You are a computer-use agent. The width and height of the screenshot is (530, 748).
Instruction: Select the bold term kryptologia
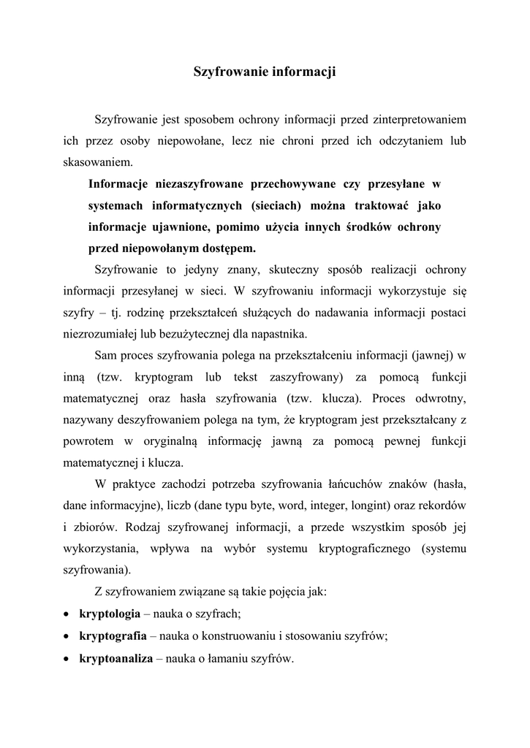[110, 614]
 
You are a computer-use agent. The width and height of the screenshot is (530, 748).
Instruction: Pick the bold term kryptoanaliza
[116, 658]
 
